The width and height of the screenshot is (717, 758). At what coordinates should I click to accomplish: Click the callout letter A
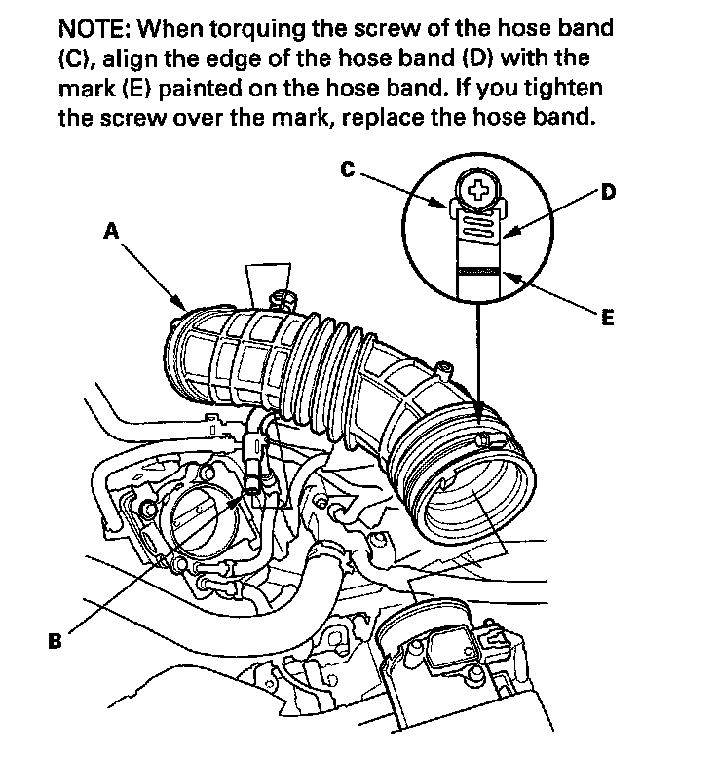pos(111,231)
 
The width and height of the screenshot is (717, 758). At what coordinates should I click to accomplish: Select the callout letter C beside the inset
pos(347,170)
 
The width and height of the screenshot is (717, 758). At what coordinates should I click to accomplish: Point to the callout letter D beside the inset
pos(607,192)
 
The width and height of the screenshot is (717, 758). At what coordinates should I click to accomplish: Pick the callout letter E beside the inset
pos(606,318)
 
